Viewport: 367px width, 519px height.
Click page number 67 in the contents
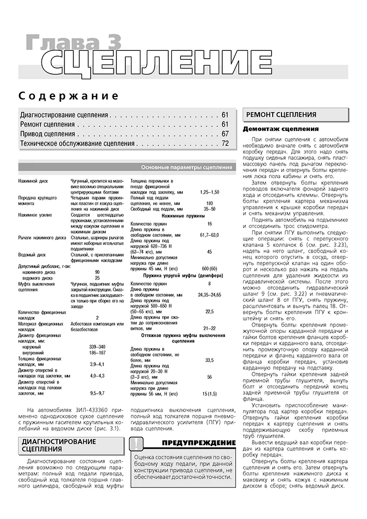[x=225, y=134]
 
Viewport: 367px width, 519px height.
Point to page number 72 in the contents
[x=225, y=144]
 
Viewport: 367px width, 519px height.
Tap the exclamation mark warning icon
[x=136, y=444]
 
